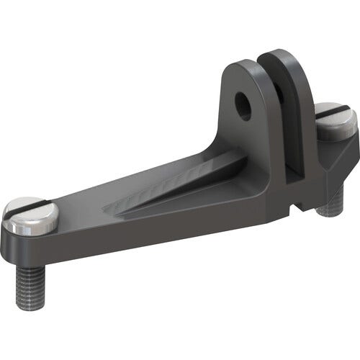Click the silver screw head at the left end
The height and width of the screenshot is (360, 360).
click(30, 215)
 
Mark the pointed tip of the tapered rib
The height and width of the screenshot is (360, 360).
click(108, 209)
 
